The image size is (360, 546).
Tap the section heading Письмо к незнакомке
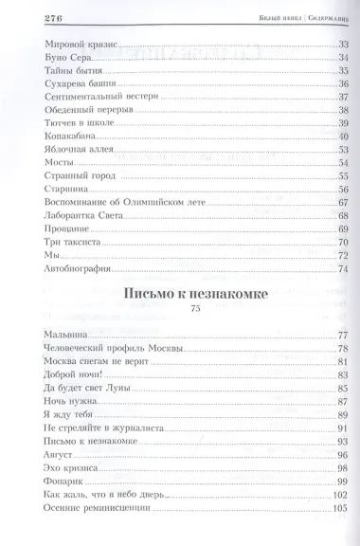(x=195, y=294)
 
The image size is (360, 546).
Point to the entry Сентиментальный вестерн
(x=88, y=98)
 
